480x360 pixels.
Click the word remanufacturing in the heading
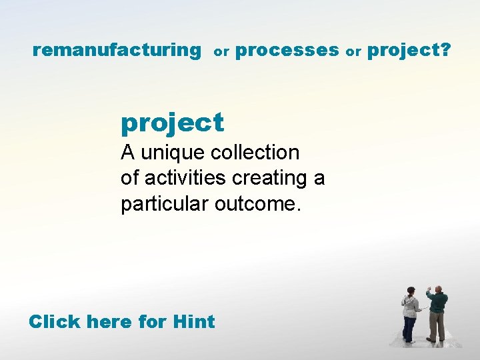point(117,50)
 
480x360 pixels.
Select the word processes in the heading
point(287,50)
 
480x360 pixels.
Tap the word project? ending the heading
point(409,50)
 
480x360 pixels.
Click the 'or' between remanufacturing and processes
point(221,51)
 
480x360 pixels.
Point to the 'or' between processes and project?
point(353,51)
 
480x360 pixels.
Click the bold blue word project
point(172,123)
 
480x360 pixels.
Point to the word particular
point(165,203)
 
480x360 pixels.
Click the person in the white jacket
point(410,313)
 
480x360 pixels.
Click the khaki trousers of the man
point(437,327)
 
